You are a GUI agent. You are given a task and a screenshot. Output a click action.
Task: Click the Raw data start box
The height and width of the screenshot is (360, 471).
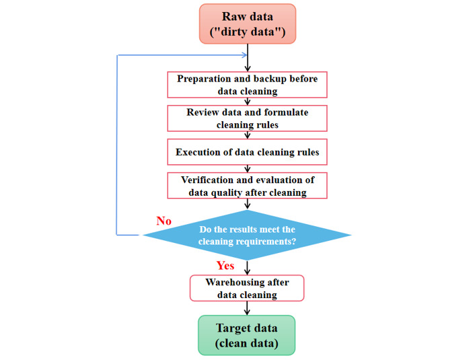248,24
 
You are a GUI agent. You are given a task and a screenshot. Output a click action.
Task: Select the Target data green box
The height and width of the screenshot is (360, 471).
247,335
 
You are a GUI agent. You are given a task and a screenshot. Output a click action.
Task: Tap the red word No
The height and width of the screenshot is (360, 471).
164,221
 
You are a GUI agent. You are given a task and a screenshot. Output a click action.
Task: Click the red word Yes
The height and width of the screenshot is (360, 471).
225,265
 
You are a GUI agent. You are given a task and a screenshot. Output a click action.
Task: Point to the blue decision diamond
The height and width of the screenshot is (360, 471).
247,235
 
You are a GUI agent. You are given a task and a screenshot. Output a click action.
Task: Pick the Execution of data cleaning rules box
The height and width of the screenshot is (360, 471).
247,152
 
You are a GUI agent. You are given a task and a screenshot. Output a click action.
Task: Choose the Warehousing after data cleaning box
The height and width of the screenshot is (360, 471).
247,288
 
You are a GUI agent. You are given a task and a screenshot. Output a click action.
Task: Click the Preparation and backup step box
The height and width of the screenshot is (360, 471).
247,85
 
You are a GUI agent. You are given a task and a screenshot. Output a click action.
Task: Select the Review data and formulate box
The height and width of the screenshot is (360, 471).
247,118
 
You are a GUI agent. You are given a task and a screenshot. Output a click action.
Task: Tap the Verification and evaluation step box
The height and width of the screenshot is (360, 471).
247,186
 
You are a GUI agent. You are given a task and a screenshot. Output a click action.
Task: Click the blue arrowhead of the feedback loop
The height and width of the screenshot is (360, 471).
245,55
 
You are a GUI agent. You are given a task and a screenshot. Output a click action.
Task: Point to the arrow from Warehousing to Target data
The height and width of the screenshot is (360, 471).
247,308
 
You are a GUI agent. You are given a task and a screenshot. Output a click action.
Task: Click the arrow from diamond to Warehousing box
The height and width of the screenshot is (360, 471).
247,268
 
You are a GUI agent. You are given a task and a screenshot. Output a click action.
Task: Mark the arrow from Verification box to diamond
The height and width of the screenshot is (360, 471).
247,204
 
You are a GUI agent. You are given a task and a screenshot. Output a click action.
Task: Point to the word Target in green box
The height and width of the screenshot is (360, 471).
232,328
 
